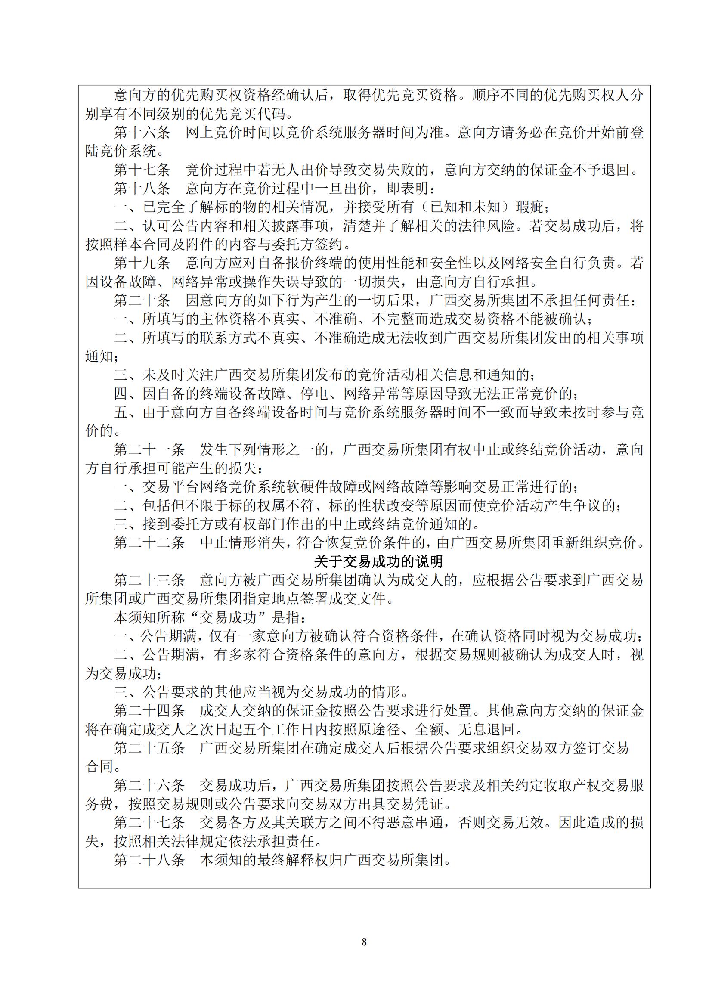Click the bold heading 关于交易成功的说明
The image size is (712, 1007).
point(378,562)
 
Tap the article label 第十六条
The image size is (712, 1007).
point(142,133)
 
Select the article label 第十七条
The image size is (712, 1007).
point(142,170)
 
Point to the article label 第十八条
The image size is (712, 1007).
point(142,189)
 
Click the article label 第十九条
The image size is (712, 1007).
point(142,263)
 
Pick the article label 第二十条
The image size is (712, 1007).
point(142,301)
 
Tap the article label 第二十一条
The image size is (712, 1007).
point(149,449)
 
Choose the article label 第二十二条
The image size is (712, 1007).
point(149,543)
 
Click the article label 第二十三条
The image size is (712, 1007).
point(149,580)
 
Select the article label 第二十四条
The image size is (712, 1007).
point(149,711)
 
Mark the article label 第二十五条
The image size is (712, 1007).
point(149,748)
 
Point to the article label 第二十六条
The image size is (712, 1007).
point(149,786)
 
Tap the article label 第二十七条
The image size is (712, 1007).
point(149,823)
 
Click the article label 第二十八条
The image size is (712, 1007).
point(149,860)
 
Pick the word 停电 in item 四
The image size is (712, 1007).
point(314,394)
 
